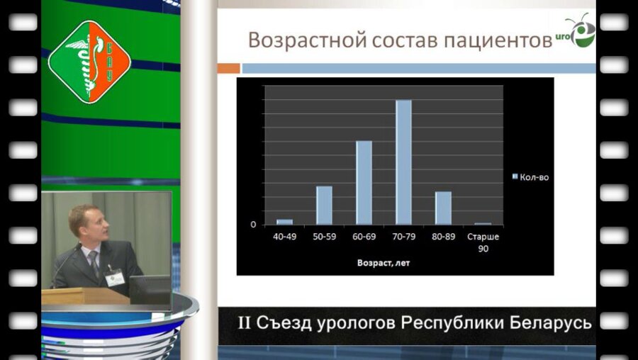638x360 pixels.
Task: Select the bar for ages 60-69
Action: [x=364, y=182]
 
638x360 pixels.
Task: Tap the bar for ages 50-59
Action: [x=324, y=205]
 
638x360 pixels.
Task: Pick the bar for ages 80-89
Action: [x=443, y=208]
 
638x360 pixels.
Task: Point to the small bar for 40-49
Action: [x=284, y=222]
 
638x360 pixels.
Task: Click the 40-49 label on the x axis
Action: [x=284, y=236]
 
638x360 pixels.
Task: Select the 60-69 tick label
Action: [x=364, y=236]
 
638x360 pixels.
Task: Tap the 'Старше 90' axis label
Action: [x=483, y=241]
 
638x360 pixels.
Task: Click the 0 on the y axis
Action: [x=253, y=225]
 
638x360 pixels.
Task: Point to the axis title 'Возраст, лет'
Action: [x=384, y=262]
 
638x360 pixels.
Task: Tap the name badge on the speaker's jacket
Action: [x=111, y=279]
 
